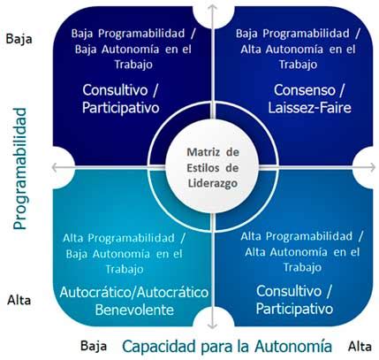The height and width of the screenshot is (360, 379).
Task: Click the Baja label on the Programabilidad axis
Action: coord(19,39)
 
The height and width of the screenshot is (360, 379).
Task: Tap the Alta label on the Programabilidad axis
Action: coord(19,301)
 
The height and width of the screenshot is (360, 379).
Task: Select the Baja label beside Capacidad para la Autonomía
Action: coord(94,346)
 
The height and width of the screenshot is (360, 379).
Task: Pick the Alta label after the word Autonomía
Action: coord(360,346)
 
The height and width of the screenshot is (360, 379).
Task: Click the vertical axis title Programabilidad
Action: coord(20,169)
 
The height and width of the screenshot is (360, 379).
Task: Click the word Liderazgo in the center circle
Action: coord(213,183)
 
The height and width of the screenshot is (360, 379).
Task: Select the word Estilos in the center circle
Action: coord(203,168)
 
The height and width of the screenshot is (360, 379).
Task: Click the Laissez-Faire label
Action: coord(309,108)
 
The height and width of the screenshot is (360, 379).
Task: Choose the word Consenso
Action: coord(305,90)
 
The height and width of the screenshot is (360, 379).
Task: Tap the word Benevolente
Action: coord(134,310)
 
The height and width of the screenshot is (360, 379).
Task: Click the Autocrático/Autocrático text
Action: coord(134,292)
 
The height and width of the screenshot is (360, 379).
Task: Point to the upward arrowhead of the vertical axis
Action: coord(212,7)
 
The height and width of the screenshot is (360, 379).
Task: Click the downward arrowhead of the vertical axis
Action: coord(212,326)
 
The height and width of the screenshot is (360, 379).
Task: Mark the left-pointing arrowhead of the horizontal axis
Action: coord(55,167)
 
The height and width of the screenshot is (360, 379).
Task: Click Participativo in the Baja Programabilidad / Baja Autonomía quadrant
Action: coord(121,108)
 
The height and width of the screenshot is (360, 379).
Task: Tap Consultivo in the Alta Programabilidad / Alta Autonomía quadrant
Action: coord(289,291)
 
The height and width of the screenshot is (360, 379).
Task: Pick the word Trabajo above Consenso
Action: coord(298,65)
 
